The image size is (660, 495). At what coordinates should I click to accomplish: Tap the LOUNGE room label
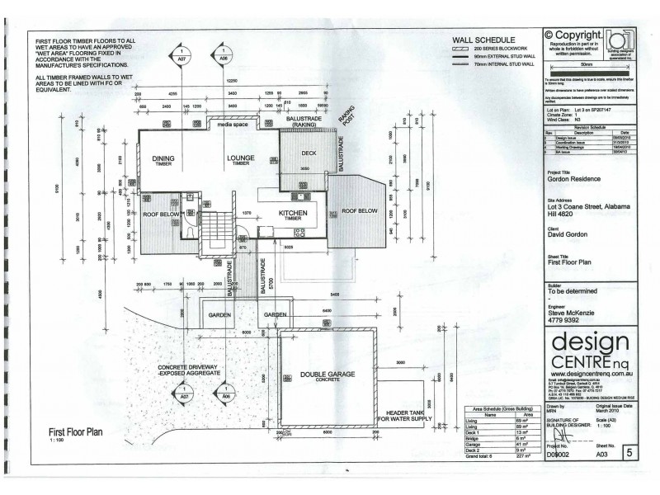click(x=240, y=160)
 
